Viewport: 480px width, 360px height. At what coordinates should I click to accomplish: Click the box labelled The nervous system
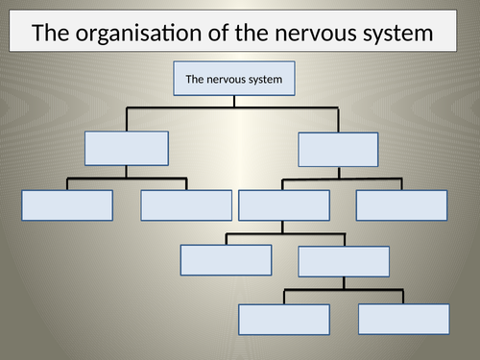pyautogui.click(x=234, y=80)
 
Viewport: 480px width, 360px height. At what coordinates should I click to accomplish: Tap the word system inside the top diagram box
pyautogui.click(x=265, y=80)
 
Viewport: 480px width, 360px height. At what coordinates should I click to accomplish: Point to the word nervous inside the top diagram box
pyautogui.click(x=228, y=80)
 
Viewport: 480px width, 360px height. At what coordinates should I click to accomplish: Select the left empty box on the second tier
pyautogui.click(x=127, y=148)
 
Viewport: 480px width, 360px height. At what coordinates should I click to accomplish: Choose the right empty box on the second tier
pyautogui.click(x=338, y=149)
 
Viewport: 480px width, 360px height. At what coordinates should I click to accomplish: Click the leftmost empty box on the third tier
pyautogui.click(x=67, y=205)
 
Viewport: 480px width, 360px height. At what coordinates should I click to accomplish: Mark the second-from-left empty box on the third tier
pyautogui.click(x=186, y=205)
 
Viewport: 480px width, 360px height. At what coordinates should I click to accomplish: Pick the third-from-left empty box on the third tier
pyautogui.click(x=283, y=205)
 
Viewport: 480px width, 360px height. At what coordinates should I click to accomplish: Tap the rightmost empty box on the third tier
pyautogui.click(x=402, y=205)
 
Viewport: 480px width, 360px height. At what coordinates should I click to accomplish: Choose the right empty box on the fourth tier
pyautogui.click(x=344, y=261)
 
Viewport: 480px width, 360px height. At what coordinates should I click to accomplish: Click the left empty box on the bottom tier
pyautogui.click(x=284, y=320)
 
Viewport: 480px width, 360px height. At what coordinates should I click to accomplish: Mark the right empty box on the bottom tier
pyautogui.click(x=403, y=319)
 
